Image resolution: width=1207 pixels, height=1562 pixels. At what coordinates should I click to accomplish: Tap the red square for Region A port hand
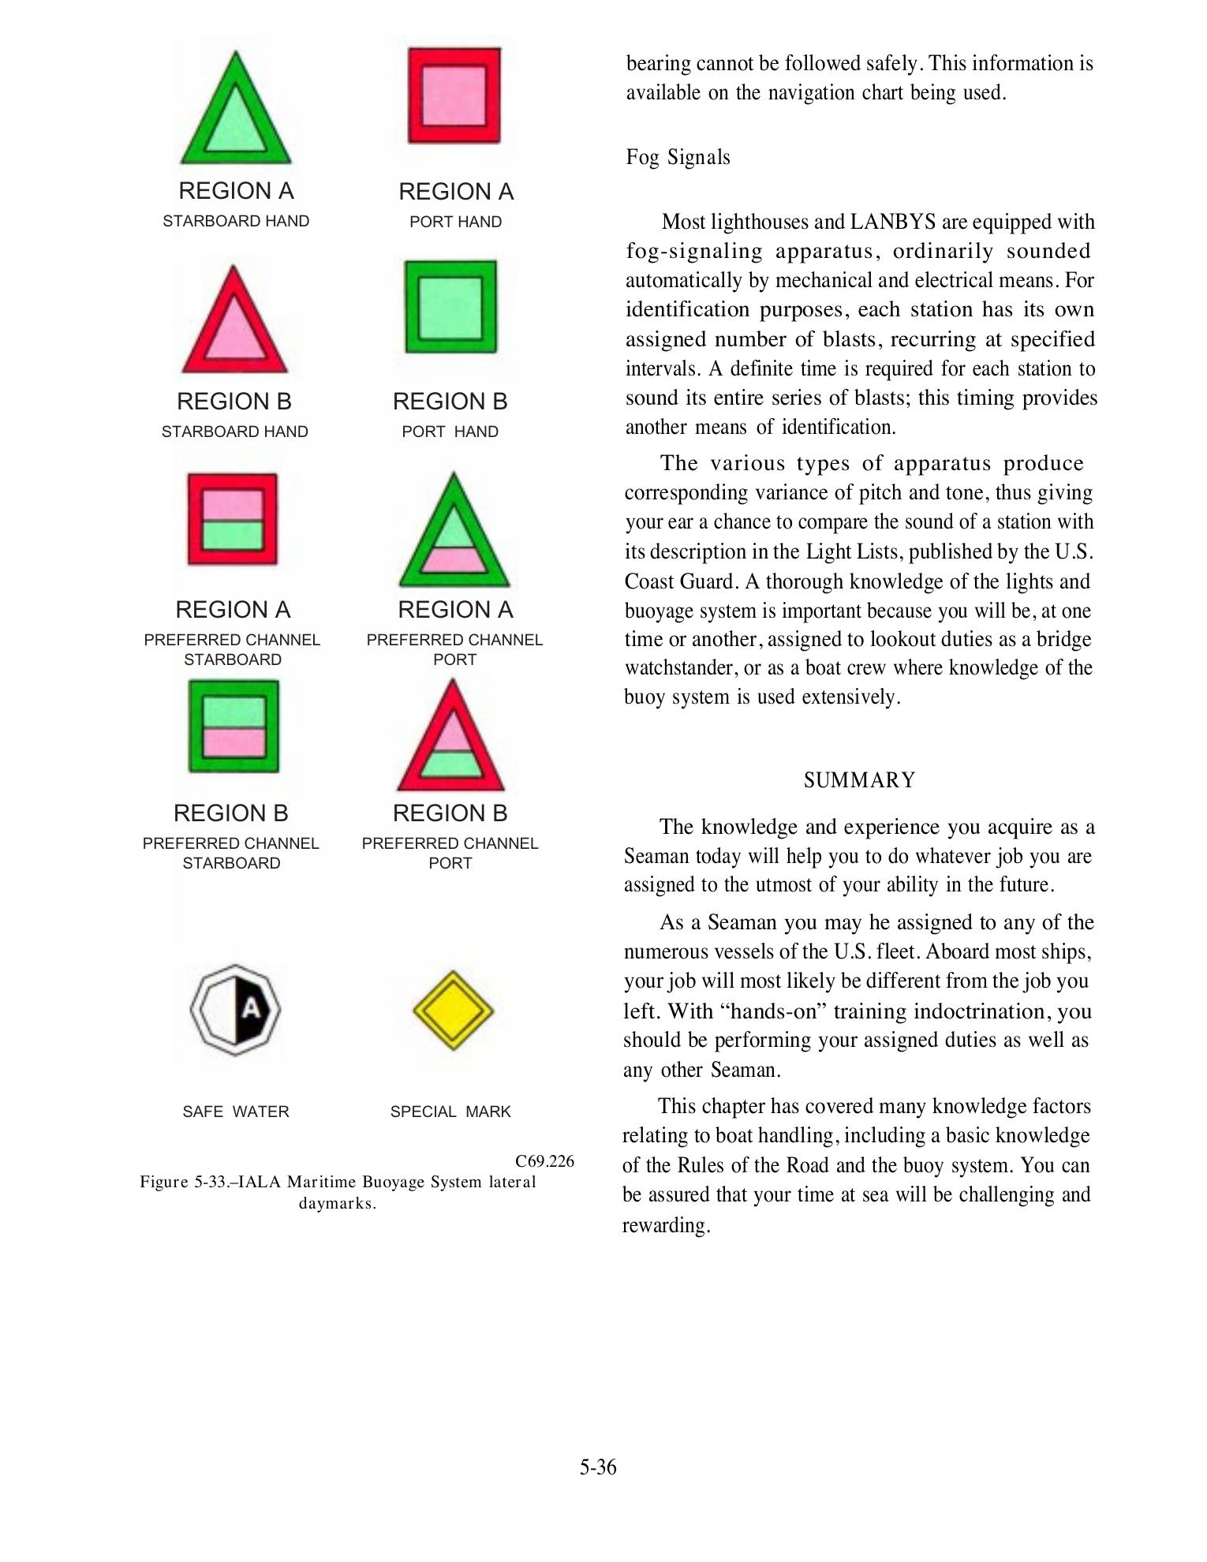click(x=454, y=95)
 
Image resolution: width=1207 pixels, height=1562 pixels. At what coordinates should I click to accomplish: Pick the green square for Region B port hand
click(x=450, y=307)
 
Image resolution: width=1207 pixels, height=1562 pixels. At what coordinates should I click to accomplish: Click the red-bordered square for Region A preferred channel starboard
click(x=233, y=519)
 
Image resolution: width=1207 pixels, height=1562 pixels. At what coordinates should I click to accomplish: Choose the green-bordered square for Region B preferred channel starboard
click(x=234, y=727)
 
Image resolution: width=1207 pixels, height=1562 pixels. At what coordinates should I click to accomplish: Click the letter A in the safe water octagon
click(x=250, y=1008)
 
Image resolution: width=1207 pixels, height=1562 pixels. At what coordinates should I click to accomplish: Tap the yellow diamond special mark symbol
click(x=453, y=1010)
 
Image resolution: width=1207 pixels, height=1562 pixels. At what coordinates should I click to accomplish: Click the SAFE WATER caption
click(x=236, y=1112)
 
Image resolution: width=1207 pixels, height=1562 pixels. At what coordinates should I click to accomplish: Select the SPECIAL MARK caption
click(x=450, y=1112)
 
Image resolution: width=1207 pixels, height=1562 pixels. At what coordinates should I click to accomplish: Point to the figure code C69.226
click(x=544, y=1161)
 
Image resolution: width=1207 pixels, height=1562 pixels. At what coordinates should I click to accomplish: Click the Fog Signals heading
click(x=678, y=157)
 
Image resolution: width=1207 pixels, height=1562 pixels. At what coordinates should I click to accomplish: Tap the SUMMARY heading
click(x=859, y=780)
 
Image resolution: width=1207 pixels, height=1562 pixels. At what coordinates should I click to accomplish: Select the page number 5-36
click(x=598, y=1467)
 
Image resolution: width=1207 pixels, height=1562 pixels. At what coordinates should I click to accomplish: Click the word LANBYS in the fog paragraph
click(x=893, y=222)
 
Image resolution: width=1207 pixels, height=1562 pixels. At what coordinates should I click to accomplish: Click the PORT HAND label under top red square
click(x=455, y=222)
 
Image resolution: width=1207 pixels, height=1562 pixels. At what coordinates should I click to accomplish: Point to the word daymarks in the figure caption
click(x=336, y=1203)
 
